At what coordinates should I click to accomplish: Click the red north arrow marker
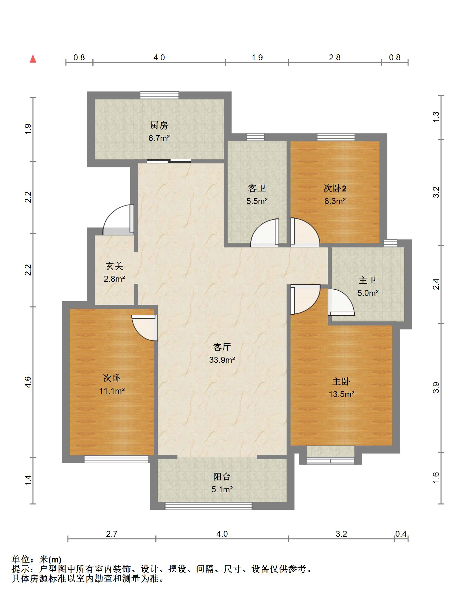tap(33, 59)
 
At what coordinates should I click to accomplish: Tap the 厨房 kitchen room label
tap(159, 125)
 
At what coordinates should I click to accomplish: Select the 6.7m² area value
tap(159, 138)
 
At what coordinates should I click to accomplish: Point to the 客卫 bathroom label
tap(257, 188)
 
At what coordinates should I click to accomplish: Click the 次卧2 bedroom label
tap(335, 188)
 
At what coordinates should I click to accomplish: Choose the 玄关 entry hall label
tap(114, 266)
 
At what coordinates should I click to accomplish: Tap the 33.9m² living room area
tap(222, 360)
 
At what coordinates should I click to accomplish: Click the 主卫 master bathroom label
tap(368, 280)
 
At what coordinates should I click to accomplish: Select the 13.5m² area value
tap(341, 394)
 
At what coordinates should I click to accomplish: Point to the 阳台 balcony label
tap(222, 476)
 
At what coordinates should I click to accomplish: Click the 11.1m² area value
tap(112, 391)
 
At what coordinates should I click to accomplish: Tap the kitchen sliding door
tap(169, 161)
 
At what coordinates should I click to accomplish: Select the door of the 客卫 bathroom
tap(265, 233)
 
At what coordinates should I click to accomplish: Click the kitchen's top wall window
tap(159, 95)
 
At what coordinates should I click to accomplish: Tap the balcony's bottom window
tap(209, 506)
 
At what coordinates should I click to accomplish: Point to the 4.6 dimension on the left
tap(28, 382)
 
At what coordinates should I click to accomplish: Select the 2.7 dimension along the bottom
tap(112, 534)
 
